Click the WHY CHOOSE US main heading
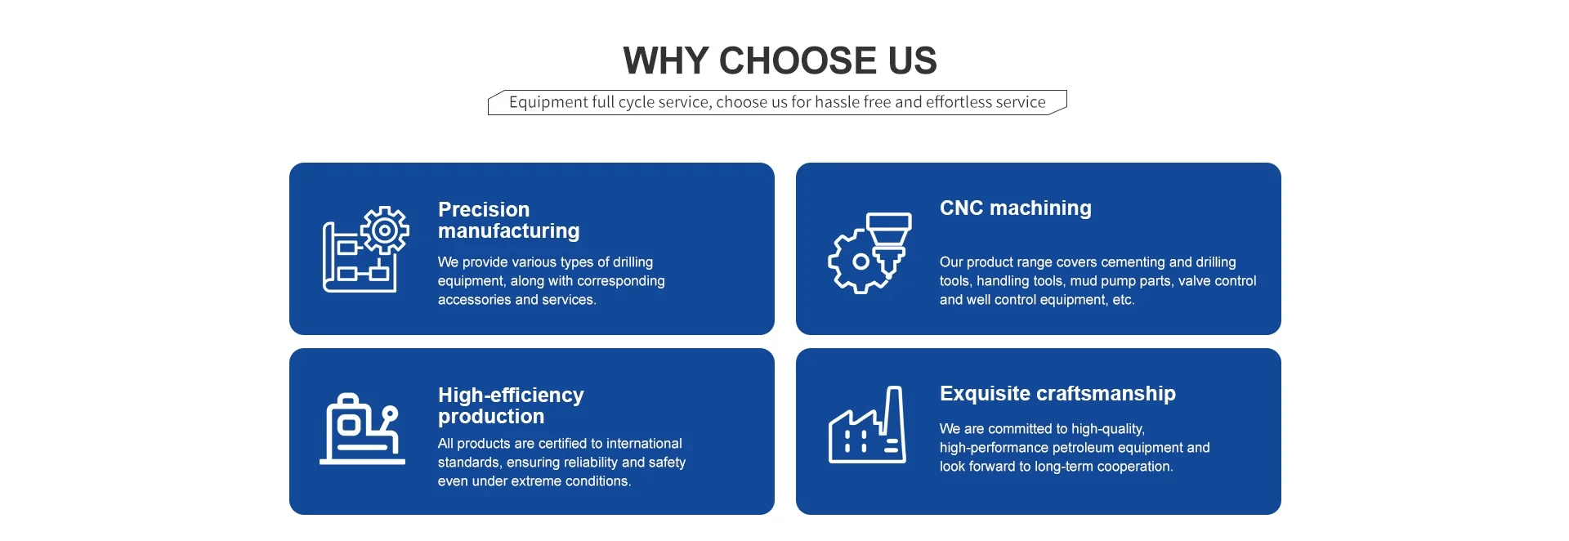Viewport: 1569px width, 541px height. (780, 60)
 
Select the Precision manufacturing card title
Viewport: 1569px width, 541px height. (508, 220)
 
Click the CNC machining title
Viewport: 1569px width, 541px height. (1015, 208)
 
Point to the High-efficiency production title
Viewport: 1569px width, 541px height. (511, 405)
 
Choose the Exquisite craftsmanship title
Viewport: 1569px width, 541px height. (1057, 393)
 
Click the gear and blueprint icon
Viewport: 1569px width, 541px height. (365, 249)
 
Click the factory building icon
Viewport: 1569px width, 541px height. (867, 426)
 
